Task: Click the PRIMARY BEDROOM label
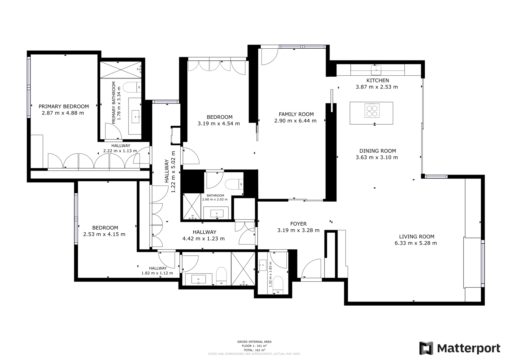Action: coord(64,106)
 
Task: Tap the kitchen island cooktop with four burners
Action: coord(372,111)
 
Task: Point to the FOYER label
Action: coord(298,224)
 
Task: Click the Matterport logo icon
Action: coord(426,348)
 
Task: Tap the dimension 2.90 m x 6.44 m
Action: coord(295,121)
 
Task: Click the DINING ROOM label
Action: coord(378,151)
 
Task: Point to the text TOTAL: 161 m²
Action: coord(254,350)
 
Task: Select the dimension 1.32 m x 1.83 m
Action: coord(270,274)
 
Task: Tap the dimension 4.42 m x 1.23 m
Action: coord(204,239)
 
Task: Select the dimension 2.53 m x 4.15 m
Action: coord(104,234)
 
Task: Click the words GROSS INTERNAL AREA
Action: coord(254,342)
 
